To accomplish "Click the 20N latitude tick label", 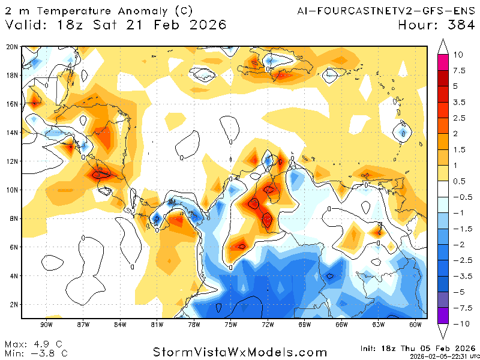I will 11,47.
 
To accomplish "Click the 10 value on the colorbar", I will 458,55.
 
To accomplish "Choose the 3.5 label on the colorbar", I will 459,103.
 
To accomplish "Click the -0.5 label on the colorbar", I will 461,197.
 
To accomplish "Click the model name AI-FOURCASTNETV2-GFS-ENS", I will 385,11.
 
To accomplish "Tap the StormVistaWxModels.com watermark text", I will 240,352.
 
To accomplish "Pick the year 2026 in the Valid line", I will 206,25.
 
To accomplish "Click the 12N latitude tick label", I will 11,161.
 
